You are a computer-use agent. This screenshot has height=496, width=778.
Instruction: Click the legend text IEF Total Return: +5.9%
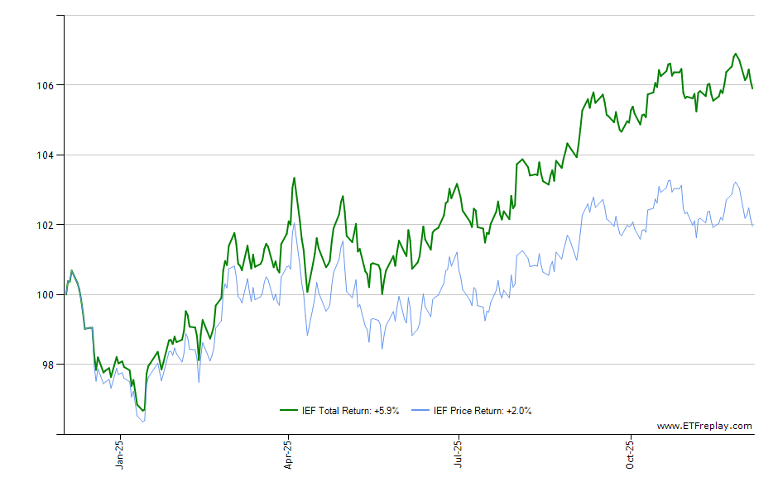(x=350, y=410)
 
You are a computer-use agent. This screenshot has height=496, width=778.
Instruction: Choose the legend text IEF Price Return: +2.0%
(x=483, y=410)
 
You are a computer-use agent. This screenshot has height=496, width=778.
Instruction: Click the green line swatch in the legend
(x=289, y=410)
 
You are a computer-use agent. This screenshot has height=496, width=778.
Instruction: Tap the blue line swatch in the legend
(x=421, y=410)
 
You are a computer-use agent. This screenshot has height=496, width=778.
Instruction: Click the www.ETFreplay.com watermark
(x=704, y=426)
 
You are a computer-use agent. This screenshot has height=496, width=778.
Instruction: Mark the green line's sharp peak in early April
(x=294, y=178)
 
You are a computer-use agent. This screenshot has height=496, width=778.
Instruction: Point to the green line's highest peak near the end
(x=734, y=54)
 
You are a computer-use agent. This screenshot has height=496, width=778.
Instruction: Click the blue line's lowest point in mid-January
(x=144, y=422)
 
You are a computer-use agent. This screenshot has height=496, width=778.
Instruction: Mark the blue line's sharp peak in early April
(x=294, y=223)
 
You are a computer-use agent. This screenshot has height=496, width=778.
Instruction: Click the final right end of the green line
(x=752, y=88)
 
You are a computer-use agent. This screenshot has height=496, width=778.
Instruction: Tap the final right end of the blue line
(x=752, y=226)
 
